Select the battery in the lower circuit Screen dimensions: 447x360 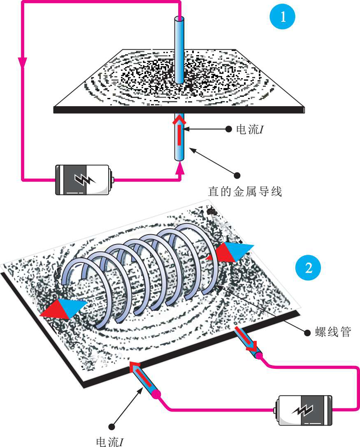(x=305, y=410)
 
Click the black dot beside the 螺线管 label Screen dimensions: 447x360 (x=307, y=333)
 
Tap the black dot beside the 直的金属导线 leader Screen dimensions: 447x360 (x=237, y=175)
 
